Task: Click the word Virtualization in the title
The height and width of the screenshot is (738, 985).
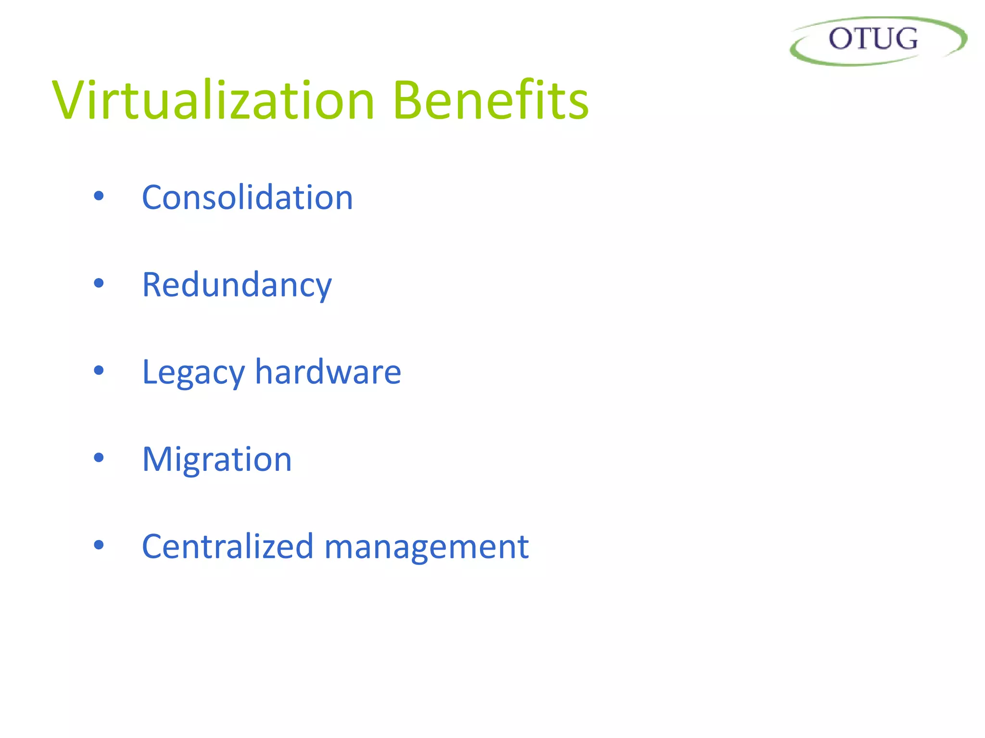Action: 213,101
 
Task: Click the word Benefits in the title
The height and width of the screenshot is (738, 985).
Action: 491,101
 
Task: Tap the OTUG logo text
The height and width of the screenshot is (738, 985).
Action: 873,39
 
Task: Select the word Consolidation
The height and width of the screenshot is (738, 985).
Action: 247,197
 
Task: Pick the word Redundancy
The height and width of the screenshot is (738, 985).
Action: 237,285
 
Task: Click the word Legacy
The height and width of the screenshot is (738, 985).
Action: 193,373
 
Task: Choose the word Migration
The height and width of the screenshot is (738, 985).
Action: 217,460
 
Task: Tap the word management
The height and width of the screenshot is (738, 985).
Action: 427,548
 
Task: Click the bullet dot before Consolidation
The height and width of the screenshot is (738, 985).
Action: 99,196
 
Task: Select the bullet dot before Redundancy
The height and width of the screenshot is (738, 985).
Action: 99,283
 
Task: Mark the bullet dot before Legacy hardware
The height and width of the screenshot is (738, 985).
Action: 99,370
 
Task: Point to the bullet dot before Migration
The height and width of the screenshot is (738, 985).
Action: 99,458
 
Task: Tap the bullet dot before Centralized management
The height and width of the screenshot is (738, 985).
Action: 99,545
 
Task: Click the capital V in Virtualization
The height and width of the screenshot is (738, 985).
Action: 70,101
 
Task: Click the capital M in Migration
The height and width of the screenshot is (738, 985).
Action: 158,460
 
